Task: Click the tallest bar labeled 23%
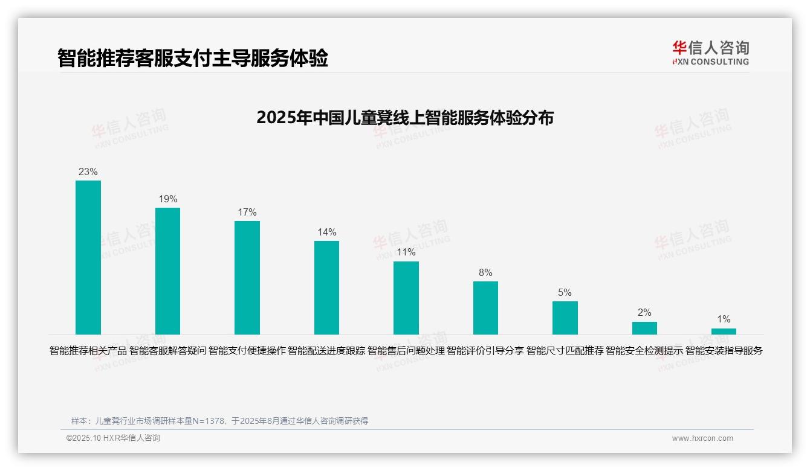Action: pyautogui.click(x=88, y=257)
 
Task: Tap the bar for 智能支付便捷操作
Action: pyautogui.click(x=247, y=277)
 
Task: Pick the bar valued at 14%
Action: pyautogui.click(x=326, y=287)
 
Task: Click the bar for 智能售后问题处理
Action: pyautogui.click(x=406, y=298)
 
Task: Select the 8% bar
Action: pyautogui.click(x=485, y=307)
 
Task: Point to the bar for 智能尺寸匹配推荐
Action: pyautogui.click(x=565, y=318)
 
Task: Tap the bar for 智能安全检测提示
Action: pyautogui.click(x=644, y=328)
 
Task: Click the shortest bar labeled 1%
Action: pyautogui.click(x=724, y=332)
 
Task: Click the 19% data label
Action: pyautogui.click(x=168, y=199)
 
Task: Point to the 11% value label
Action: pyautogui.click(x=406, y=252)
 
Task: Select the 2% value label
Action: pyautogui.click(x=644, y=312)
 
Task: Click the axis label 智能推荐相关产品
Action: pyautogui.click(x=88, y=350)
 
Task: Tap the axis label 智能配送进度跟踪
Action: pyautogui.click(x=326, y=350)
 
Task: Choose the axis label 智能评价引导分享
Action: pyautogui.click(x=485, y=350)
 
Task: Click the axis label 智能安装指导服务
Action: pyautogui.click(x=724, y=350)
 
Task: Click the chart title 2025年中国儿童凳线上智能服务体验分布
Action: pyautogui.click(x=405, y=117)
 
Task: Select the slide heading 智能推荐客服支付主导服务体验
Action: pyautogui.click(x=193, y=59)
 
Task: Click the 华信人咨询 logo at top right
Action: pyautogui.click(x=710, y=53)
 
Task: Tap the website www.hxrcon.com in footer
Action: pyautogui.click(x=702, y=438)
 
